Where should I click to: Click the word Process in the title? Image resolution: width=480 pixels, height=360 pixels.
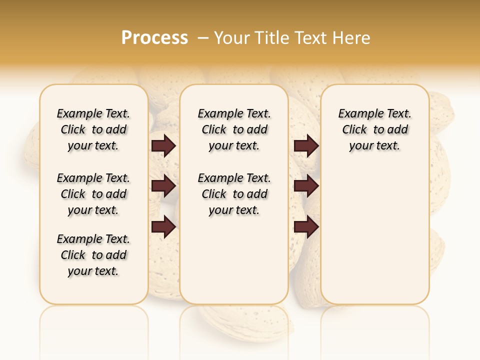154,38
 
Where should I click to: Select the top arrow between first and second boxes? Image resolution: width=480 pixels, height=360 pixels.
163,146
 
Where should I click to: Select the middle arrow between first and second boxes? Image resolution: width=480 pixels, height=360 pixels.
163,186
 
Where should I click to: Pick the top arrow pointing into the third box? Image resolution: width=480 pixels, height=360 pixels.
306,146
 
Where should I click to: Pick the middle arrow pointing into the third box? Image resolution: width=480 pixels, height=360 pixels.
306,186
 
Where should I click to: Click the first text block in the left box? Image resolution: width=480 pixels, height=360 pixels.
93,129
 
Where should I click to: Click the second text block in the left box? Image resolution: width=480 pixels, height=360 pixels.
93,194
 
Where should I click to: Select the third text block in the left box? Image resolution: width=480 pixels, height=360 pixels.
93,255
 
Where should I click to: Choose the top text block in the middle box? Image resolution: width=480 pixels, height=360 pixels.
234,129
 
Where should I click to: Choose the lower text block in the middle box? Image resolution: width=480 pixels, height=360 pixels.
234,194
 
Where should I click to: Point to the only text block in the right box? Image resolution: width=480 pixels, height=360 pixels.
374,129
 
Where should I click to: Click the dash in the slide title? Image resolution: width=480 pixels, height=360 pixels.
203,38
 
